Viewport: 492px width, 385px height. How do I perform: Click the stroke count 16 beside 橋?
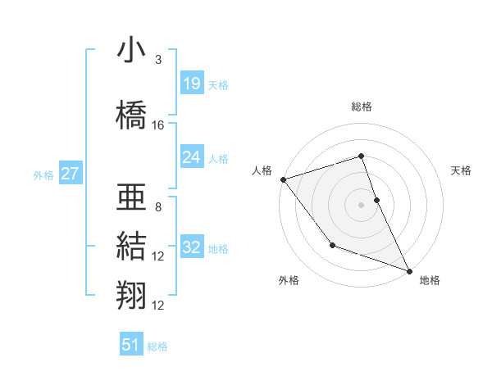click(158, 125)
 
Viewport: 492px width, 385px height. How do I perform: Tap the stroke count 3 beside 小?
click(158, 60)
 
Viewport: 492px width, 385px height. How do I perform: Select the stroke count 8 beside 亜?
click(158, 207)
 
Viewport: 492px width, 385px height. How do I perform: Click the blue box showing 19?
click(192, 83)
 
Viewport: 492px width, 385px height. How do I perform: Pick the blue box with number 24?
click(192, 156)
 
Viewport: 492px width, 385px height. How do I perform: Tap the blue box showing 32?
click(192, 247)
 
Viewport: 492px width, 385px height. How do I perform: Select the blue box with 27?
click(71, 173)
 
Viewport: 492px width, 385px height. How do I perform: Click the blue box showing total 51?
click(131, 345)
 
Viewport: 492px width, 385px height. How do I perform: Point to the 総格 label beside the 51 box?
click(157, 346)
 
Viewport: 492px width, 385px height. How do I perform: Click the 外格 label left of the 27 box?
click(43, 174)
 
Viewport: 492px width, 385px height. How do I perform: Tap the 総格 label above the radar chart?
click(361, 106)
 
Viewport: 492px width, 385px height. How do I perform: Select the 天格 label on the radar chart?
click(462, 170)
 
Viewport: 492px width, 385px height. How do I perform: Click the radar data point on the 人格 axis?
click(283, 179)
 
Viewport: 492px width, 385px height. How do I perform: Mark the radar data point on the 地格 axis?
click(409, 270)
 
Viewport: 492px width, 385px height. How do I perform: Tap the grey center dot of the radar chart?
click(361, 204)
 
